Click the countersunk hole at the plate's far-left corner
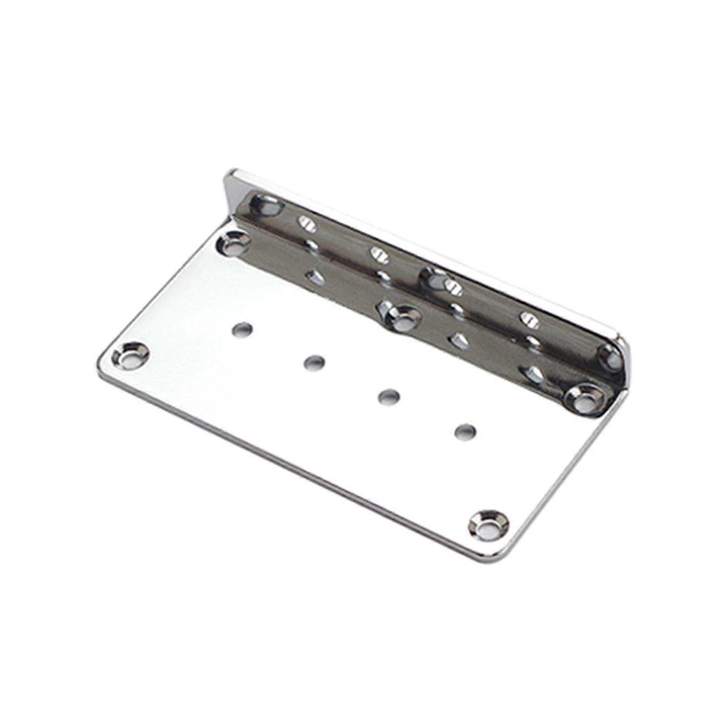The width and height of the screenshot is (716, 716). tap(130, 356)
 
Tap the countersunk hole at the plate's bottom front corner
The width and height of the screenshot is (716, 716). tap(488, 524)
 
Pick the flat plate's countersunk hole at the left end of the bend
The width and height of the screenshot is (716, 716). tap(233, 243)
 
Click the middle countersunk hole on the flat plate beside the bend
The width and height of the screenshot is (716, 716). tap(403, 318)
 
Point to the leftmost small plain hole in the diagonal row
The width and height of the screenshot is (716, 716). tap(242, 330)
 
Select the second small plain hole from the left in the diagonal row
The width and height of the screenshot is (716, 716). tap(314, 362)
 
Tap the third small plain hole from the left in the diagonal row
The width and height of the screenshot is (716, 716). tap(389, 396)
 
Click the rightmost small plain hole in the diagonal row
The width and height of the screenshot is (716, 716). tap(465, 432)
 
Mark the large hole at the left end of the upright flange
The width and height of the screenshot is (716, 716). tap(267, 206)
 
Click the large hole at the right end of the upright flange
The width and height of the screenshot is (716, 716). tap(610, 358)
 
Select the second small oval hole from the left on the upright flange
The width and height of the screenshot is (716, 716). tap(379, 255)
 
